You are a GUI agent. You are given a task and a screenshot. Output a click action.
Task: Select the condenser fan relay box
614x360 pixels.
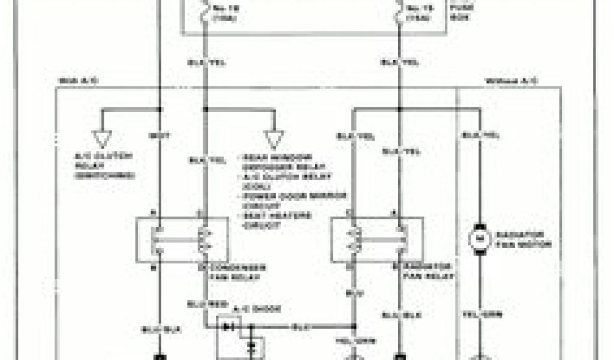coord(182,240)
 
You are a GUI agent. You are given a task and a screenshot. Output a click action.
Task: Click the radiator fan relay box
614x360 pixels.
coord(377,240)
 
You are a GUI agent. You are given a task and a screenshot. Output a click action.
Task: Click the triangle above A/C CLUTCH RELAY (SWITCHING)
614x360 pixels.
coord(101,139)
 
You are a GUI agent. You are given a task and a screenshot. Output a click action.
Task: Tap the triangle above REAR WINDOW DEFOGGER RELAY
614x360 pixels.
coord(274,139)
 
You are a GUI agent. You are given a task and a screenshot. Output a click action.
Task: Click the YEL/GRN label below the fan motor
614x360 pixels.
coord(480,314)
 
